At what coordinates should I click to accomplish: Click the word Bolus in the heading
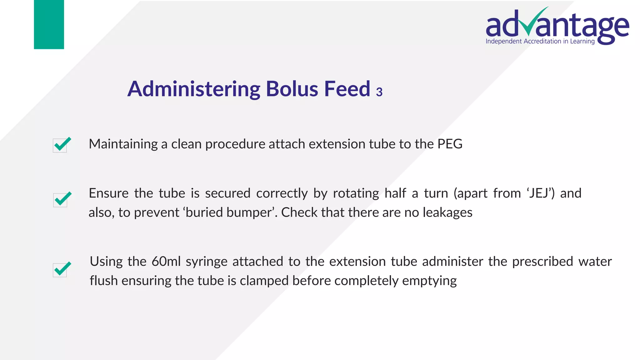[x=292, y=89]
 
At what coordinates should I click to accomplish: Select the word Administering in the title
[x=194, y=90]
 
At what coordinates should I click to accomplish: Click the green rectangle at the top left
[x=49, y=24]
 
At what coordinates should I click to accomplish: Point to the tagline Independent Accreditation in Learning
[x=540, y=42]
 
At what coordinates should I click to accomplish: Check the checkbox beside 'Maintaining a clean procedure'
[x=60, y=145]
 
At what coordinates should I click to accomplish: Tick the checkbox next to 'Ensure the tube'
[x=61, y=200]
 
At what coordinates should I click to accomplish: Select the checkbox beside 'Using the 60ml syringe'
[x=60, y=270]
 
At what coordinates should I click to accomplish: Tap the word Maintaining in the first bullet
[x=123, y=144]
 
